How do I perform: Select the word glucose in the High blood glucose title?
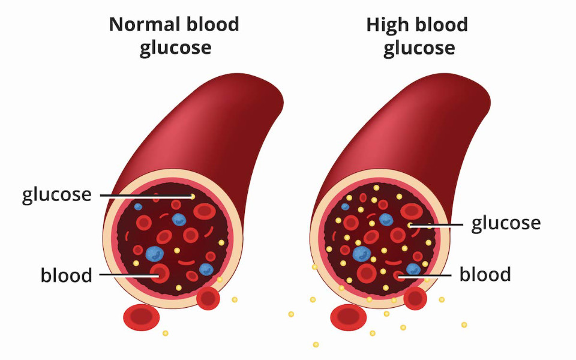(x=419, y=47)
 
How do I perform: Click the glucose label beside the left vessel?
(x=57, y=196)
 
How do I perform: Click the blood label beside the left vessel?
(x=67, y=275)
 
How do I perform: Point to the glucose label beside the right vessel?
(x=506, y=224)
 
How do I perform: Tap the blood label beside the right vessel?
(x=485, y=275)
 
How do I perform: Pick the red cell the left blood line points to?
(x=160, y=274)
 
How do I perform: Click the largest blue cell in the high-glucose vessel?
(x=362, y=253)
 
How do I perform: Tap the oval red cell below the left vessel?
(x=141, y=317)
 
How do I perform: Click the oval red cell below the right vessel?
(x=349, y=317)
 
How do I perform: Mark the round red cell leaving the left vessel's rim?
(x=208, y=298)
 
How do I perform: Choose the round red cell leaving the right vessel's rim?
(x=415, y=298)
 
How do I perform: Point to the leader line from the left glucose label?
(x=144, y=196)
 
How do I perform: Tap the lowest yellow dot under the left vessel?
(x=166, y=333)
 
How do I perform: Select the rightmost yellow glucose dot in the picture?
(x=464, y=325)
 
